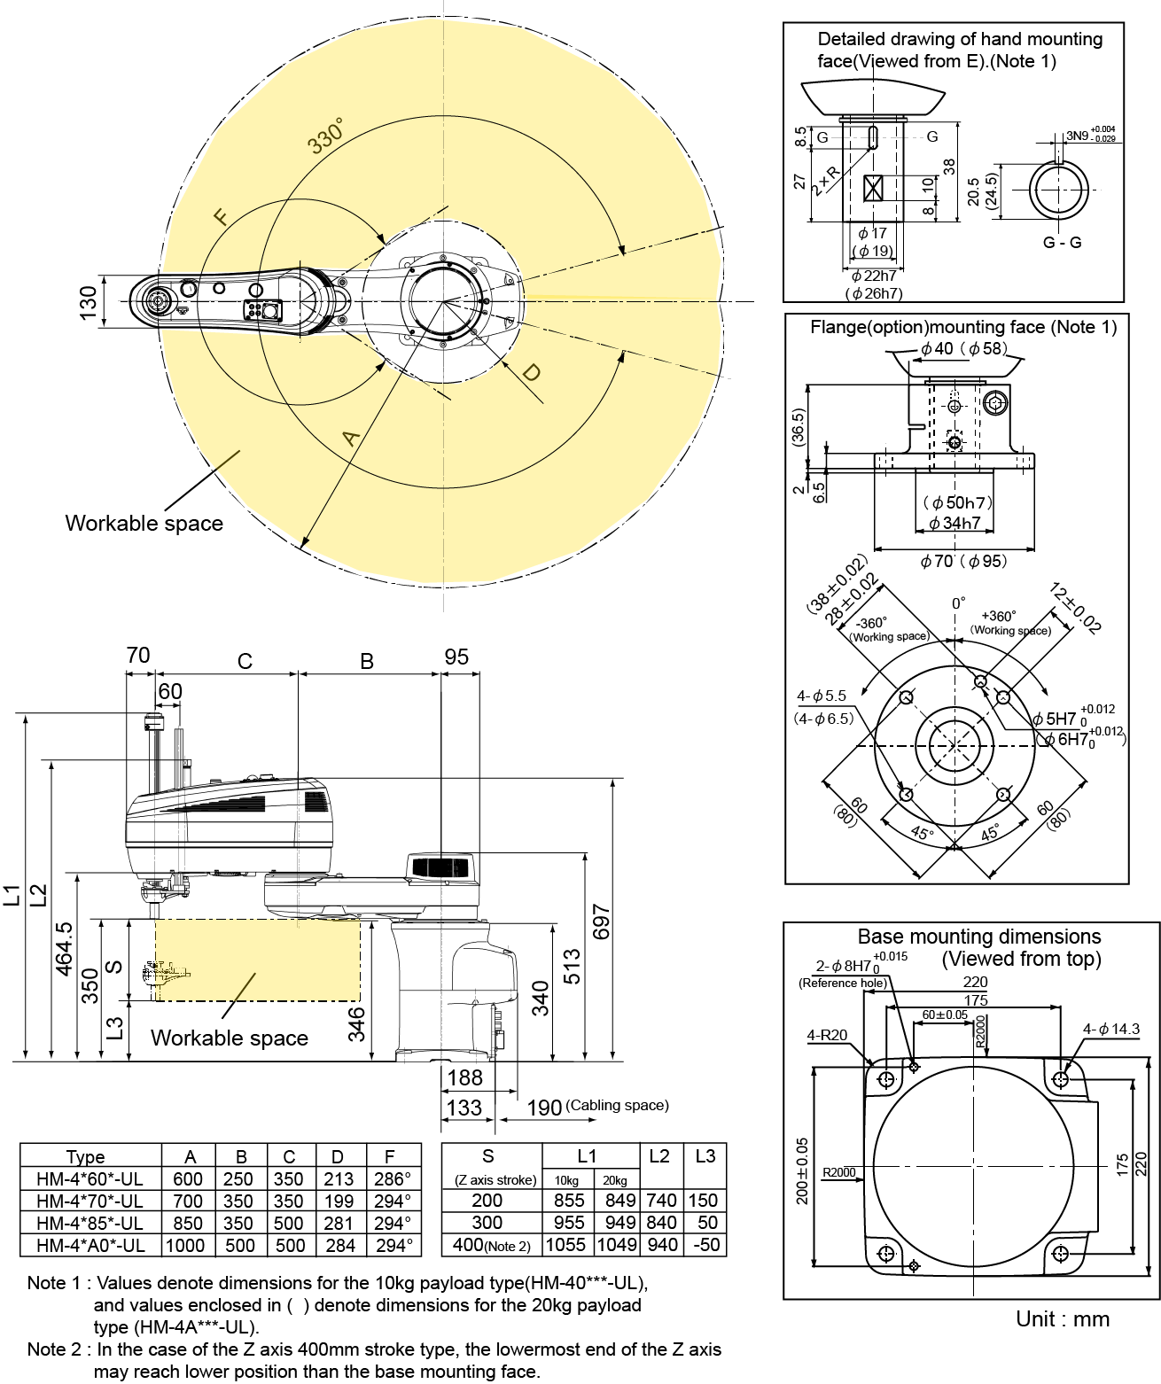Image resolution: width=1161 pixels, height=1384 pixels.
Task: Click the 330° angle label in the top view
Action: (x=325, y=138)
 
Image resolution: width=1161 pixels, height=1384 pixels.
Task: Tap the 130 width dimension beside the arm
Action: (x=89, y=302)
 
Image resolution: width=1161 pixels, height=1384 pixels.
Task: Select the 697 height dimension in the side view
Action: (x=602, y=921)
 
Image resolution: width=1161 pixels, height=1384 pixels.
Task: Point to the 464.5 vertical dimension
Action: (x=65, y=949)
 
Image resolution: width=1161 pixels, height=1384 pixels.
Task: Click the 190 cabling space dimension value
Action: (x=544, y=1107)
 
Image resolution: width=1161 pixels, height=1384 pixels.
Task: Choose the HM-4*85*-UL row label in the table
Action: (x=90, y=1223)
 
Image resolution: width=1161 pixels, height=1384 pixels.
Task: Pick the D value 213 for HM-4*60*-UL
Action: (x=339, y=1179)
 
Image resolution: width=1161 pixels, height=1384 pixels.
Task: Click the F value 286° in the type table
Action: (x=392, y=1179)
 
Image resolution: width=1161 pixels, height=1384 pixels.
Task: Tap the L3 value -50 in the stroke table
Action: (x=705, y=1244)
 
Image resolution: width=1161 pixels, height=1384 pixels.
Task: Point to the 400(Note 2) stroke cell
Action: (x=491, y=1245)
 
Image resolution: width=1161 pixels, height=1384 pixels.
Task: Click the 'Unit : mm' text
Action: (x=1062, y=1318)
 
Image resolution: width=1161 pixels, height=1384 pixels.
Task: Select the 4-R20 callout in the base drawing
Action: (x=826, y=1035)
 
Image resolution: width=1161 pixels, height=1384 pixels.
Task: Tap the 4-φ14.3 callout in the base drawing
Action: (x=1110, y=1029)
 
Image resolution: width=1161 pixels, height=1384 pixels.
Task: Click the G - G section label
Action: (x=1062, y=242)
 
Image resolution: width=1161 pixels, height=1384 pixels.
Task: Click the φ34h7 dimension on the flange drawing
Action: (x=955, y=523)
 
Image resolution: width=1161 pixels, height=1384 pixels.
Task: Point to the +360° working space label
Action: (x=999, y=616)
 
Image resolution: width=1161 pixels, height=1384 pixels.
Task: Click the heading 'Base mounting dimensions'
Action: (x=978, y=937)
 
